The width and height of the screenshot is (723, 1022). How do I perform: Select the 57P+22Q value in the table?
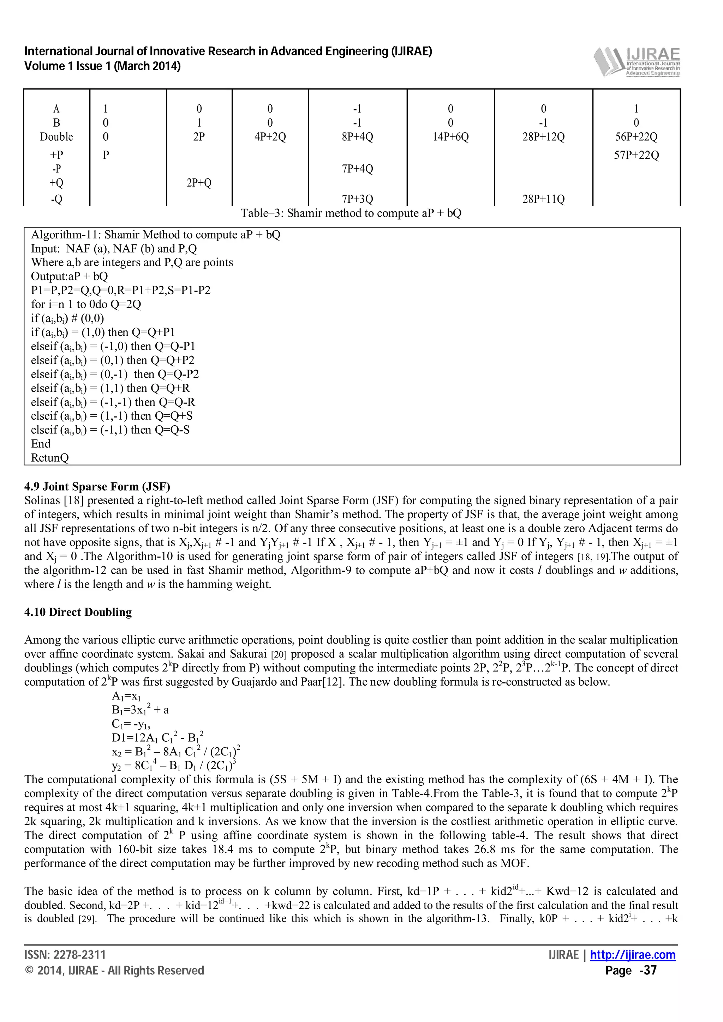point(636,156)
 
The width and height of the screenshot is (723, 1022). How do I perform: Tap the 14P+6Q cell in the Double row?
point(450,136)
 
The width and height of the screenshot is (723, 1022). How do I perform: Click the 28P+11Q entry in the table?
point(543,199)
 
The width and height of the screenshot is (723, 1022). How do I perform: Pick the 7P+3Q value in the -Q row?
point(357,199)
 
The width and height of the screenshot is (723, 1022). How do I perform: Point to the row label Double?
point(56,136)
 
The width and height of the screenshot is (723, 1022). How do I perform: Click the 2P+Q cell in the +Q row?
point(199,183)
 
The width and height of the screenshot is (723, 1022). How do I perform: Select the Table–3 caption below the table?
point(351,213)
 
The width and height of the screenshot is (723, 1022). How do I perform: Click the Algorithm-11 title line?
point(155,235)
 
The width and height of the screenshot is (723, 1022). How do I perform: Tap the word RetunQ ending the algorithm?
point(50,458)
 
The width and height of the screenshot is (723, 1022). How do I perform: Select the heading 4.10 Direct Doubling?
point(78,612)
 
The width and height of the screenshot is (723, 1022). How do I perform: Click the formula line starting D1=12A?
point(158,737)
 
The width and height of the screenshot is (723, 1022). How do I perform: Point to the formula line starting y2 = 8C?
point(174,766)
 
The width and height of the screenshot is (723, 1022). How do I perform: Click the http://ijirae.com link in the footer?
point(633,955)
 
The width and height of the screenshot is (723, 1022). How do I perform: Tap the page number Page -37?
point(631,971)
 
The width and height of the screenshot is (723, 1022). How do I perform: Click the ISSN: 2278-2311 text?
point(65,955)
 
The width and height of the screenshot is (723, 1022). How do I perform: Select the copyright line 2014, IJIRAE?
point(114,971)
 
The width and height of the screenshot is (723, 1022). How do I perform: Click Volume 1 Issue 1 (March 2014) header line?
point(102,66)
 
